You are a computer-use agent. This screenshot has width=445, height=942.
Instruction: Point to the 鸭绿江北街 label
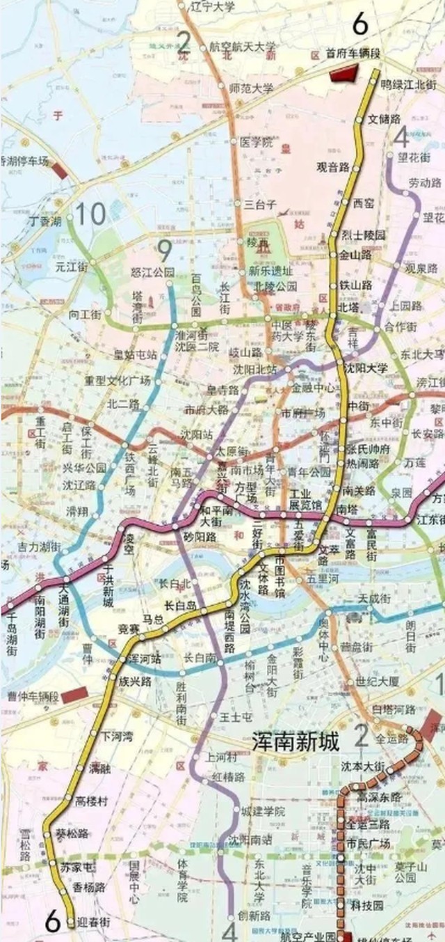[x=409, y=84]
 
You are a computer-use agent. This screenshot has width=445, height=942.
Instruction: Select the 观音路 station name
[x=332, y=167]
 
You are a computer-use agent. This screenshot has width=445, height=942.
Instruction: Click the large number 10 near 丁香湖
[x=90, y=214]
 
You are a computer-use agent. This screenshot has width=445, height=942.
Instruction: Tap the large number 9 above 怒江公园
[x=165, y=249]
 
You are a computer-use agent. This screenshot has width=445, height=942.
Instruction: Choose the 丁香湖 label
[x=46, y=221]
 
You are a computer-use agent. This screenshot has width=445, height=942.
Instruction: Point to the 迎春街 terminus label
[x=95, y=922]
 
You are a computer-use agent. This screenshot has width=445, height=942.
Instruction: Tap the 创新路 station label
[x=252, y=916]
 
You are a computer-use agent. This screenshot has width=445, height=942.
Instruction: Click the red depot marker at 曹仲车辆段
[x=74, y=694]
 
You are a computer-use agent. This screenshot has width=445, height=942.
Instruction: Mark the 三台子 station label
[x=261, y=204]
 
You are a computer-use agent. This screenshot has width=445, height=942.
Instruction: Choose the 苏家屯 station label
[x=78, y=867]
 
